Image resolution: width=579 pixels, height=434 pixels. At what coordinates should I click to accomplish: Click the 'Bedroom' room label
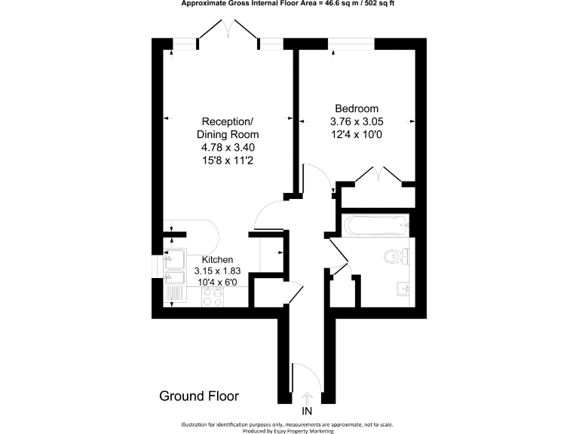357,108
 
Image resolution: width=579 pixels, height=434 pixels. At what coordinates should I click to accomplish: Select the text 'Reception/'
228,122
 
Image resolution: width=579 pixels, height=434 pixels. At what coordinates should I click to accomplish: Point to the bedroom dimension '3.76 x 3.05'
357,121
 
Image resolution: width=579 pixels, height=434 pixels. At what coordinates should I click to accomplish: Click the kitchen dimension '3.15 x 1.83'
217,270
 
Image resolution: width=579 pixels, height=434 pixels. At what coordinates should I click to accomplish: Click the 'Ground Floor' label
198,396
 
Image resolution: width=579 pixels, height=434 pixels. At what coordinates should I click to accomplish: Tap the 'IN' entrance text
307,411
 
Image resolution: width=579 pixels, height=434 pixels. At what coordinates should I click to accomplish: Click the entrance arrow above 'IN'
307,397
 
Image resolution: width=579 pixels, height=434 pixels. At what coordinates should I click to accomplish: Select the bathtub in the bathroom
375,224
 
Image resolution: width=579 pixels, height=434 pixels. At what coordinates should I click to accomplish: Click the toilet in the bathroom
395,257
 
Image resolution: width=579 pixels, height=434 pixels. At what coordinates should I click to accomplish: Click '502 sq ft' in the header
375,4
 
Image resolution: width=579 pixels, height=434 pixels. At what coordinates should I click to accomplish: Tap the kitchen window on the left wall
158,266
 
